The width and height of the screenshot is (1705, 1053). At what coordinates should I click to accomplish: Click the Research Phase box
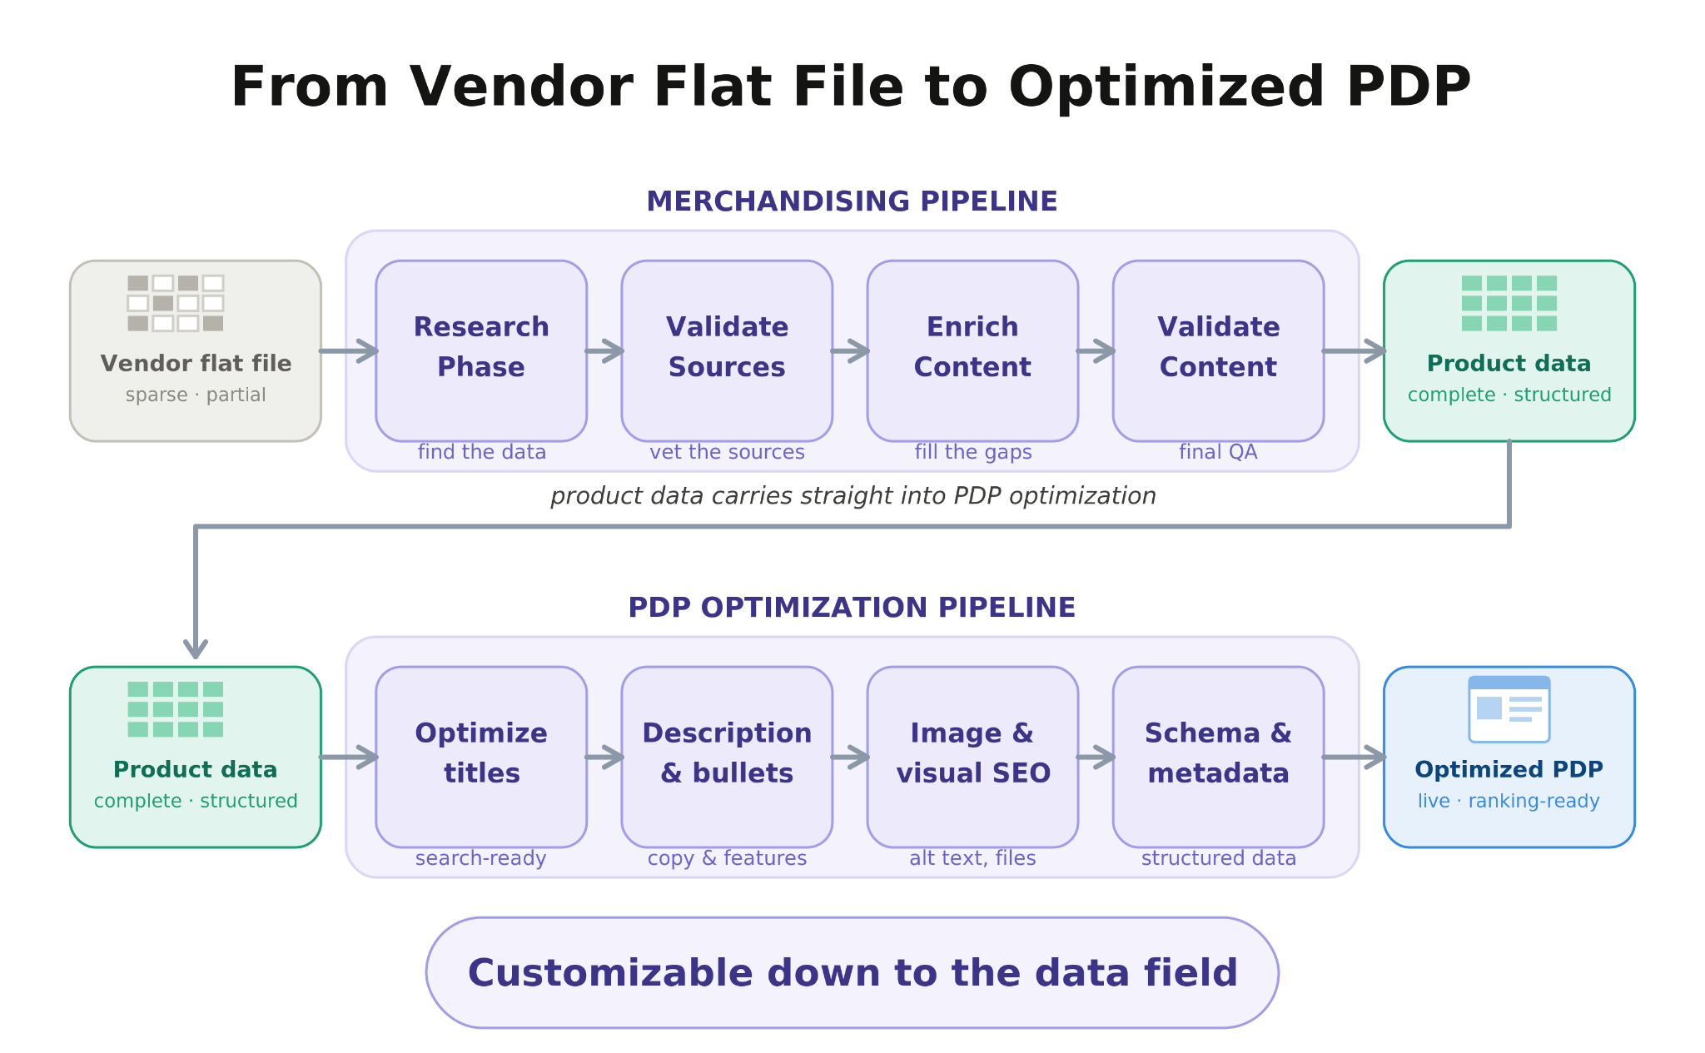[x=481, y=350]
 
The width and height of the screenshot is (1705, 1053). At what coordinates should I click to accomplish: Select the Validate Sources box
[x=727, y=350]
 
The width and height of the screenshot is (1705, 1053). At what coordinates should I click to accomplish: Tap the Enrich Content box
[x=972, y=350]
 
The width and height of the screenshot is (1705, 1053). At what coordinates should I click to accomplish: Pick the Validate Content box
[x=1218, y=350]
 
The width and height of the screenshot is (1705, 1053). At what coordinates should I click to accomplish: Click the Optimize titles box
[x=481, y=757]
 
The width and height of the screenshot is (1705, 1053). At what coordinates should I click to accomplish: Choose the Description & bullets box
[x=727, y=757]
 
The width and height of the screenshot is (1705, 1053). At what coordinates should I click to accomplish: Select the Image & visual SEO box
[x=972, y=757]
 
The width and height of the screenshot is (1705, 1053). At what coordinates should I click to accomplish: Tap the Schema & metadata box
[x=1218, y=757]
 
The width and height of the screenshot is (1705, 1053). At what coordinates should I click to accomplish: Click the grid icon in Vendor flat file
[x=176, y=303]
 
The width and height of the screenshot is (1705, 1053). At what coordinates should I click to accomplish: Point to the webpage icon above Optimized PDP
[x=1509, y=709]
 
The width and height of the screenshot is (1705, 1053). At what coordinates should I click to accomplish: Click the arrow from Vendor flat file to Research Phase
[x=349, y=351]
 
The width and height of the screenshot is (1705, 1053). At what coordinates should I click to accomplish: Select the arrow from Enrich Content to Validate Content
[x=1096, y=351]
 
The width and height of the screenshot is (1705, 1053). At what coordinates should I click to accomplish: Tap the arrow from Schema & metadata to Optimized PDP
[x=1354, y=757]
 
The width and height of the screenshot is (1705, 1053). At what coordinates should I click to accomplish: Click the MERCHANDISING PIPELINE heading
[x=852, y=201]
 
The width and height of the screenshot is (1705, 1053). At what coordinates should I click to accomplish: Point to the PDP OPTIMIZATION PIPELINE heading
[x=852, y=608]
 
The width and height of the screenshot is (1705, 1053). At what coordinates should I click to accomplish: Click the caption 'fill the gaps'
[x=973, y=452]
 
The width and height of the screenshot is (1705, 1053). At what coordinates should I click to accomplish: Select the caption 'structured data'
[x=1219, y=858]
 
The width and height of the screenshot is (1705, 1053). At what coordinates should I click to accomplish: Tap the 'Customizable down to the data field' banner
[x=852, y=973]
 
